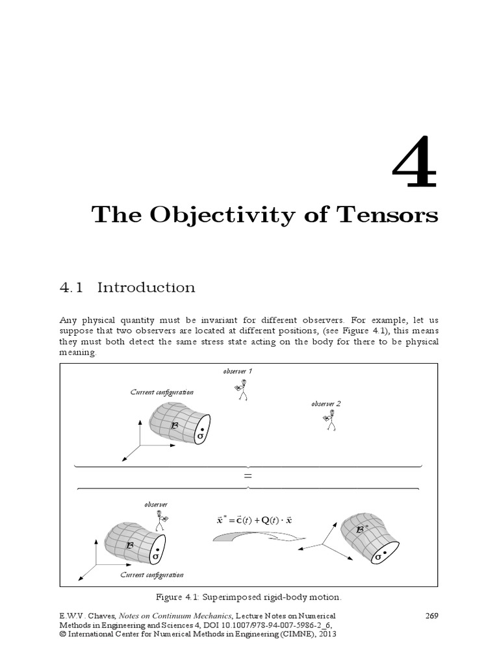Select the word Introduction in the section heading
pos(146,287)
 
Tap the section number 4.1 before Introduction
pos(71,287)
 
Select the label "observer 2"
pos(326,403)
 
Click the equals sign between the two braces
pos(248,476)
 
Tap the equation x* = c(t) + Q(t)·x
pos(255,520)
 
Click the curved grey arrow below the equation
pos(250,536)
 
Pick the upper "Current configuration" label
pos(162,392)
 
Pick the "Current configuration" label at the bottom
pos(152,575)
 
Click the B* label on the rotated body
pos(362,529)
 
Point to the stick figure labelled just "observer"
pos(161,520)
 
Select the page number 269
pos(429,616)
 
